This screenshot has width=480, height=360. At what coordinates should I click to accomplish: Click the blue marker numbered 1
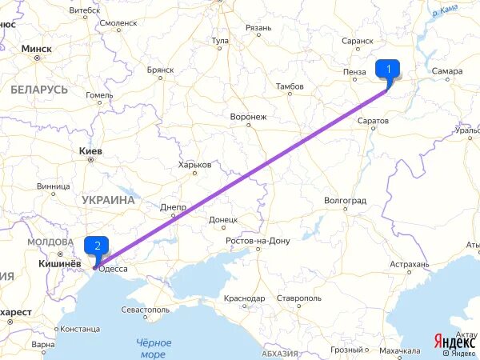[x=388, y=70]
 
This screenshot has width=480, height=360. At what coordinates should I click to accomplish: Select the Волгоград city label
[x=346, y=200]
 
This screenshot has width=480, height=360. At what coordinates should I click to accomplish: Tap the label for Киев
[x=90, y=150]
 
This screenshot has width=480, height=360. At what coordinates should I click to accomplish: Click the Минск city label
[x=37, y=49]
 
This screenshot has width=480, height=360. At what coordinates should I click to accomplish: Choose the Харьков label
[x=195, y=164]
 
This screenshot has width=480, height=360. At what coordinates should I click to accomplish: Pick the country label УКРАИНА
[x=107, y=200]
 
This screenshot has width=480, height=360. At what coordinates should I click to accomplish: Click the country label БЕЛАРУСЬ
[x=39, y=90]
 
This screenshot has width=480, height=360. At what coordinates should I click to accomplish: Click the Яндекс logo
[x=454, y=341]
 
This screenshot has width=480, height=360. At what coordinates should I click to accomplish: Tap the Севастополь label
[x=144, y=309]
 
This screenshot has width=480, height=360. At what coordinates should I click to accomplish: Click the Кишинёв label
[x=56, y=262]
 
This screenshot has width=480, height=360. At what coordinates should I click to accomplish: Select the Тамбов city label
[x=289, y=86]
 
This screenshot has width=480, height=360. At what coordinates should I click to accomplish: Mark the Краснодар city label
[x=244, y=298]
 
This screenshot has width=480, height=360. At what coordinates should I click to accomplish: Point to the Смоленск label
[x=118, y=23]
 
